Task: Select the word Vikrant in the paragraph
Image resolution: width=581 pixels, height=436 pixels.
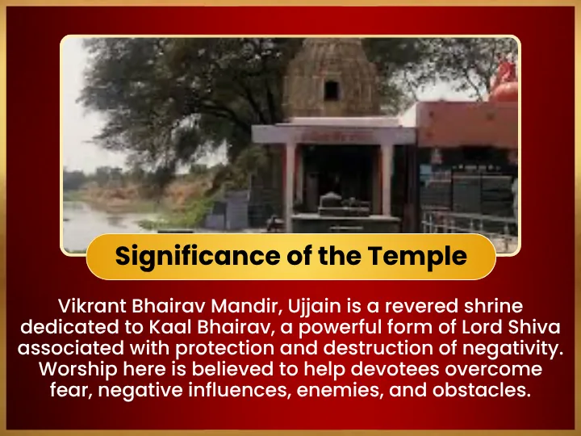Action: [x=93, y=306]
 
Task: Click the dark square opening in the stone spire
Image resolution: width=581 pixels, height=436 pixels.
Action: [x=332, y=90]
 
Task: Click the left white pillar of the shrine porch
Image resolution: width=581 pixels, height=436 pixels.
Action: [x=290, y=187]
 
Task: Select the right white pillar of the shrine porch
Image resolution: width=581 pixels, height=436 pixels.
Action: [x=387, y=181]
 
